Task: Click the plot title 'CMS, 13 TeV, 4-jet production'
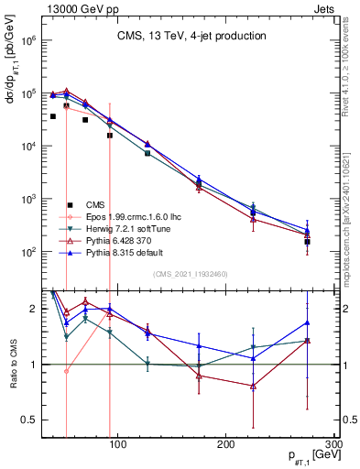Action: coord(191,36)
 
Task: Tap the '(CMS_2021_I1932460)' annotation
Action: coord(191,274)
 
